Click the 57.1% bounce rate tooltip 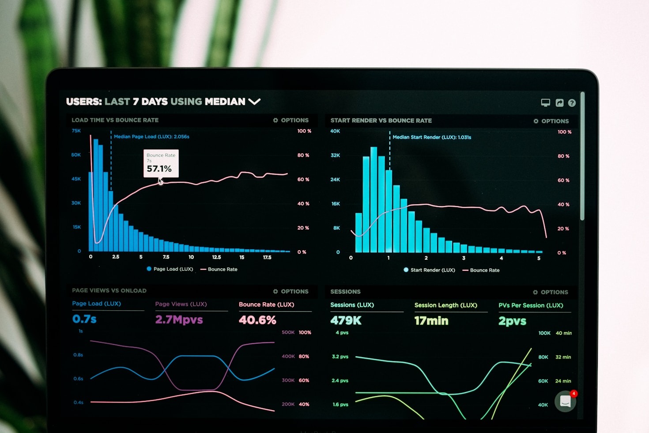pyautogui.click(x=161, y=163)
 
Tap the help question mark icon pyautogui.click(x=572, y=103)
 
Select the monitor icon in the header pyautogui.click(x=546, y=103)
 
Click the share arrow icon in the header pyautogui.click(x=559, y=103)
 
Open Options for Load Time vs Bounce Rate pyautogui.click(x=291, y=120)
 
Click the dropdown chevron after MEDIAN pyautogui.click(x=254, y=102)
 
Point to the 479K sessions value pyautogui.click(x=346, y=320)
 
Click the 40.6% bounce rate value pyautogui.click(x=257, y=320)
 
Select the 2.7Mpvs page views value pyautogui.click(x=179, y=319)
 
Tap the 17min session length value pyautogui.click(x=431, y=321)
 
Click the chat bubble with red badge pyautogui.click(x=566, y=401)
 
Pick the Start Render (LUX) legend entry pyautogui.click(x=429, y=270)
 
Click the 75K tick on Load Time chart pyautogui.click(x=76, y=131)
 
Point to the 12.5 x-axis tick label pyautogui.click(x=216, y=257)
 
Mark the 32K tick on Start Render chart pyautogui.click(x=335, y=156)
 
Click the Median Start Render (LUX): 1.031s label pyautogui.click(x=432, y=137)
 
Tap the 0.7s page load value pyautogui.click(x=84, y=319)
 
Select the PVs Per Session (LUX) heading pyautogui.click(x=531, y=305)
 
